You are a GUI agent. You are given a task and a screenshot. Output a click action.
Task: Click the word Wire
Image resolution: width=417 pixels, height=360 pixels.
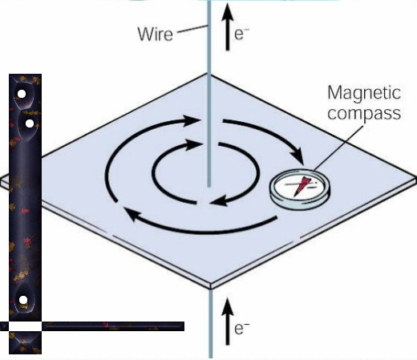click(x=156, y=34)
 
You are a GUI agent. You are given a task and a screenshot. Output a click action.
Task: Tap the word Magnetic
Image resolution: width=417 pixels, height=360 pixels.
click(x=364, y=93)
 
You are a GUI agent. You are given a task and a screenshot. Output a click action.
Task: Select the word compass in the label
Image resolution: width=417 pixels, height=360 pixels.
click(x=364, y=114)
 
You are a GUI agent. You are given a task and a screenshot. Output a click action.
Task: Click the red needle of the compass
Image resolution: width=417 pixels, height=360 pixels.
click(x=302, y=186)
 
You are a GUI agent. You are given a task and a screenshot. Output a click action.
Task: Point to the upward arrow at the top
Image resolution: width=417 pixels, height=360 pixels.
click(x=228, y=26)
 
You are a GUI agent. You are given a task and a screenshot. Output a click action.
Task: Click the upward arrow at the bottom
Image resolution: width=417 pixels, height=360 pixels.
click(x=228, y=322)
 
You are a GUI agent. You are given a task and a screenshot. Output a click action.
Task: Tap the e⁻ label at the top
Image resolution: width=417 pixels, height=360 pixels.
click(x=241, y=34)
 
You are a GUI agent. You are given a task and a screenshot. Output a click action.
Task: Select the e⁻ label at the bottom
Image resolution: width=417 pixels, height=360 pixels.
click(x=241, y=329)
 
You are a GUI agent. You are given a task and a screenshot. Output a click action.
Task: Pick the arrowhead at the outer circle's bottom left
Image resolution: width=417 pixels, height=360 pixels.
click(x=132, y=214)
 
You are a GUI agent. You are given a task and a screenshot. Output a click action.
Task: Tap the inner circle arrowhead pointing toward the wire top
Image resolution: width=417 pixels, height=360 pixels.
click(x=193, y=145)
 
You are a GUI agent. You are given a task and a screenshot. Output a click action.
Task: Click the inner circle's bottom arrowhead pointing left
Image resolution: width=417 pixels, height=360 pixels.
click(x=219, y=200)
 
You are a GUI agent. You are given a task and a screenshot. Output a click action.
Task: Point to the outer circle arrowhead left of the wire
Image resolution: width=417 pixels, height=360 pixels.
click(x=191, y=121)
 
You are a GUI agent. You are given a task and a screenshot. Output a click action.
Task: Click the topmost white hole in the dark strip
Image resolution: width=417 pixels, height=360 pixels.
click(x=22, y=94)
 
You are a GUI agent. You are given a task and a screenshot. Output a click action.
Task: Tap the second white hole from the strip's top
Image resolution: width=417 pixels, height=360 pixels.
click(x=30, y=123)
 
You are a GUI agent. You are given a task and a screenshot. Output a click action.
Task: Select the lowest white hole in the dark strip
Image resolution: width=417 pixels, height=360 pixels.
click(x=23, y=300)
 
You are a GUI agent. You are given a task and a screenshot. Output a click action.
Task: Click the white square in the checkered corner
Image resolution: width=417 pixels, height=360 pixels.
click(x=25, y=326)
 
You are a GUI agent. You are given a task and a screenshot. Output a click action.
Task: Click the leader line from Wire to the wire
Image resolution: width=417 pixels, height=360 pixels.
click(x=192, y=29)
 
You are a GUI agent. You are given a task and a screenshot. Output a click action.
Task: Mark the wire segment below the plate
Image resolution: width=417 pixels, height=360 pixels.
click(x=211, y=323)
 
